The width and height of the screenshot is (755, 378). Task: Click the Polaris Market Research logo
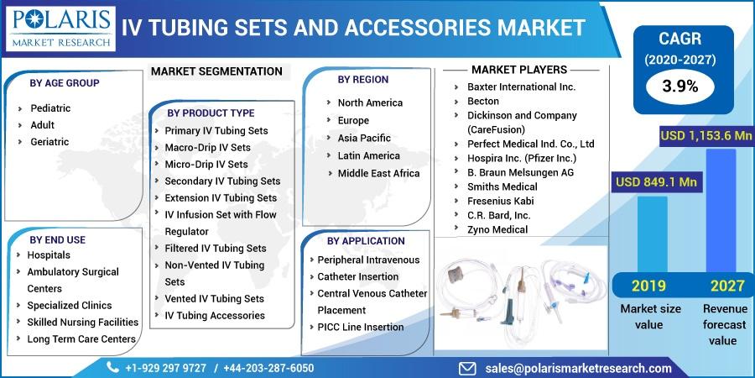tap(60, 29)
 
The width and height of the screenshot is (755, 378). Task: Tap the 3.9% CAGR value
tap(679, 87)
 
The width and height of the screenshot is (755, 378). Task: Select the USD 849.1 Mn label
tap(656, 182)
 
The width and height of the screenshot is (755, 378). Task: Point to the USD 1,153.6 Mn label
tap(706, 135)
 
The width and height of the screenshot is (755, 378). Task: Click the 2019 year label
tap(648, 286)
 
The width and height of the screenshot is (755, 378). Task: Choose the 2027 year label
tap(727, 286)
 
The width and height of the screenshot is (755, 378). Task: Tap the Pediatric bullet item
tap(50, 108)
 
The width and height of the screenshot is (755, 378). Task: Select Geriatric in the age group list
tap(49, 142)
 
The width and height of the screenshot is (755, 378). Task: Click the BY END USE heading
tap(57, 239)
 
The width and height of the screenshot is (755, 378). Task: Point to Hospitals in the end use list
tap(49, 255)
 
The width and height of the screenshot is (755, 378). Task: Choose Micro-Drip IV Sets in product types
tap(206, 164)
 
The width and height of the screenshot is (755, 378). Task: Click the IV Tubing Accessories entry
tap(215, 315)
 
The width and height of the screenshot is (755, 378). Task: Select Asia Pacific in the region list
tap(364, 138)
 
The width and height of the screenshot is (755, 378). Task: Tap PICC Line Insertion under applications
tap(361, 327)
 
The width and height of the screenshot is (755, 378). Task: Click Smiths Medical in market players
tap(502, 186)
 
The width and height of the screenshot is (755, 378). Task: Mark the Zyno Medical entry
tap(497, 229)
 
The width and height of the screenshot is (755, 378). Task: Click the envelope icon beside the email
tap(467, 369)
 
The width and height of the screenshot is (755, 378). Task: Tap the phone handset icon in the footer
tap(112, 368)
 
